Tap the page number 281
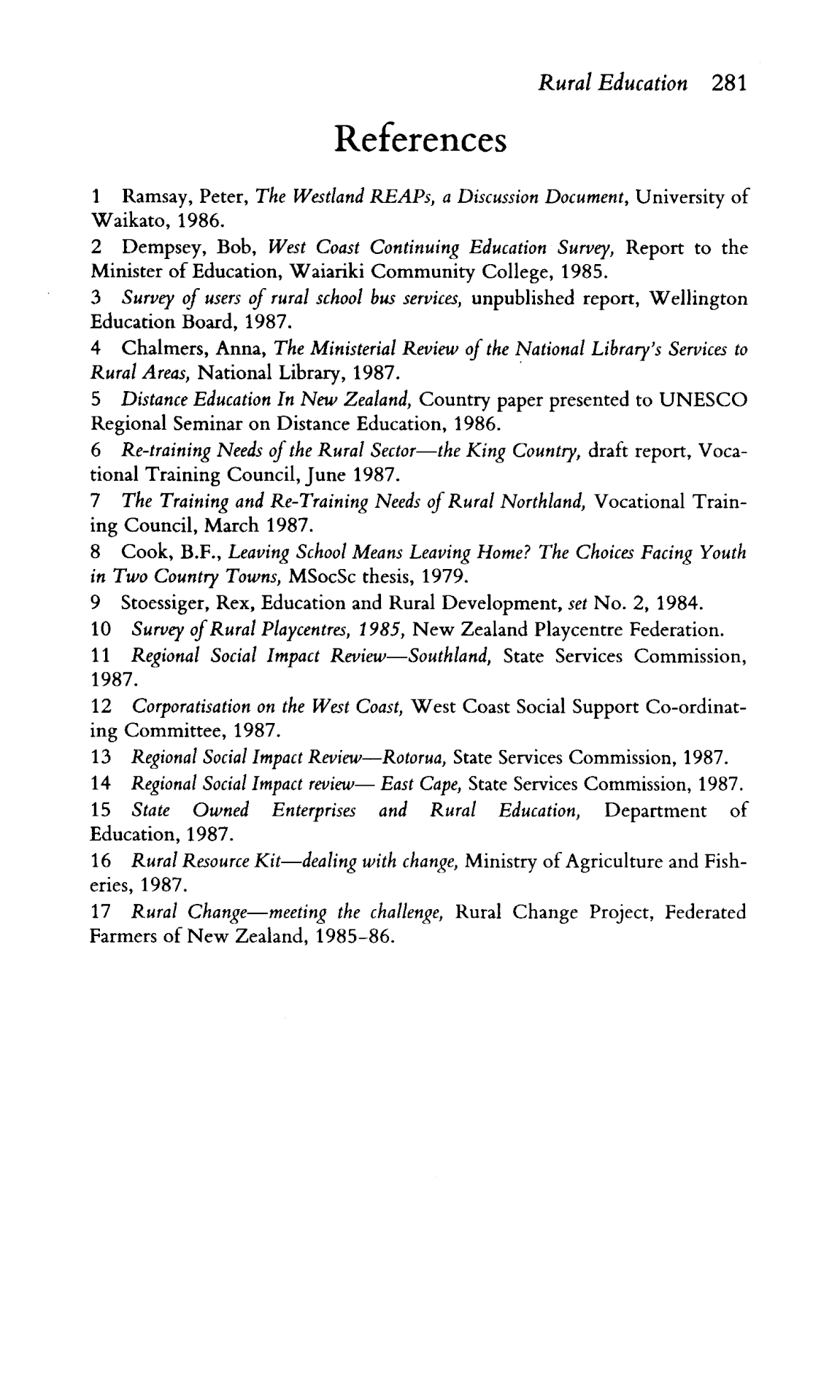tap(728, 83)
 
